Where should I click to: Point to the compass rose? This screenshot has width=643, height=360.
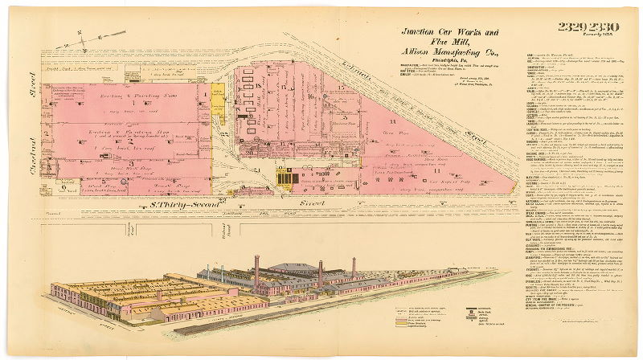click(x=90, y=39)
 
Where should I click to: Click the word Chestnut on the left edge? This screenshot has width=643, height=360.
click(x=26, y=152)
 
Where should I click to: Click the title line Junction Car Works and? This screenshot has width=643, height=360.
click(x=450, y=32)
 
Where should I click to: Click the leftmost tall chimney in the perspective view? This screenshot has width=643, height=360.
click(x=256, y=273)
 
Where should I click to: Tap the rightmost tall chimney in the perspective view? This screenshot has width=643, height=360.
click(x=354, y=268)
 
